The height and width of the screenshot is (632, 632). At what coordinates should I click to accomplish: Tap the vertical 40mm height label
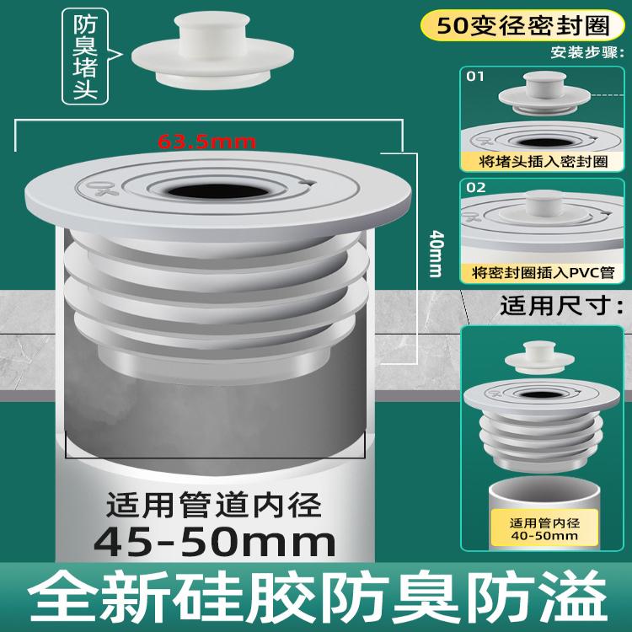[435, 252]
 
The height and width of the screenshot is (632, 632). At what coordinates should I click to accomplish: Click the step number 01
[476, 77]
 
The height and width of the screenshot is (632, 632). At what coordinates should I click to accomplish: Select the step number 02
[476, 187]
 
